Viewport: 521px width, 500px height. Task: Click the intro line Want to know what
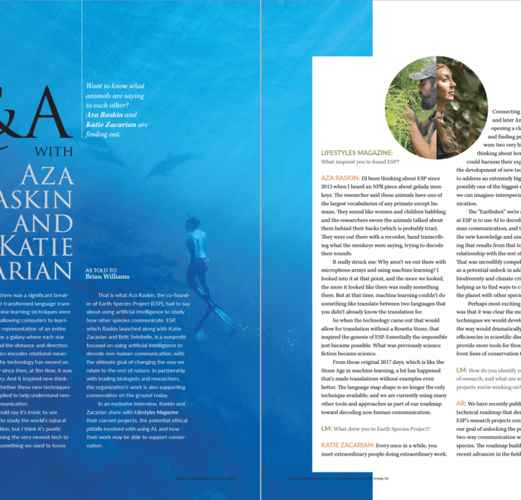(116, 84)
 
